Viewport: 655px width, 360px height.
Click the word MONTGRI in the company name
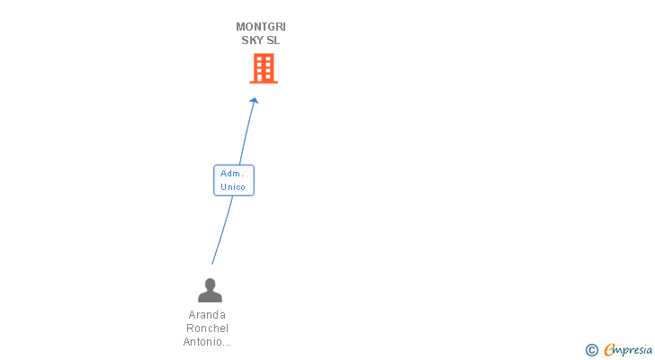pos(261,26)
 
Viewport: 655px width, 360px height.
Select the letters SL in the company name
pos(274,40)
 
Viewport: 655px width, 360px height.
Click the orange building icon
pos(264,68)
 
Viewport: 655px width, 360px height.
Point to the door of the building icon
pos(264,78)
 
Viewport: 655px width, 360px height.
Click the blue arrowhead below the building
pos(255,101)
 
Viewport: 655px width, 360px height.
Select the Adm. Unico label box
pos(234,180)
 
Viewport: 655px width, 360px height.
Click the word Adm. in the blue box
pos(232,173)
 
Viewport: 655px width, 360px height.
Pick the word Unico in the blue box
pos(233,187)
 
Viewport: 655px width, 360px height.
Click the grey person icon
pos(210,290)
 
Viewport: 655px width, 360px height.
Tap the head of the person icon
pos(210,283)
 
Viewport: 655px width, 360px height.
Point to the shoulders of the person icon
pos(210,296)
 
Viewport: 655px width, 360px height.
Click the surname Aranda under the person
pos(208,315)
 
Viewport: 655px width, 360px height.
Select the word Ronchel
pos(208,328)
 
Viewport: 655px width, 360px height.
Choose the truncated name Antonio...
pos(208,342)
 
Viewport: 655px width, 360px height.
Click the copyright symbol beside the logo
pos(591,350)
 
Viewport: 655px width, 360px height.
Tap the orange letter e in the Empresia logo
pos(609,350)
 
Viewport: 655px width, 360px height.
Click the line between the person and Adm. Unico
pos(222,229)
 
